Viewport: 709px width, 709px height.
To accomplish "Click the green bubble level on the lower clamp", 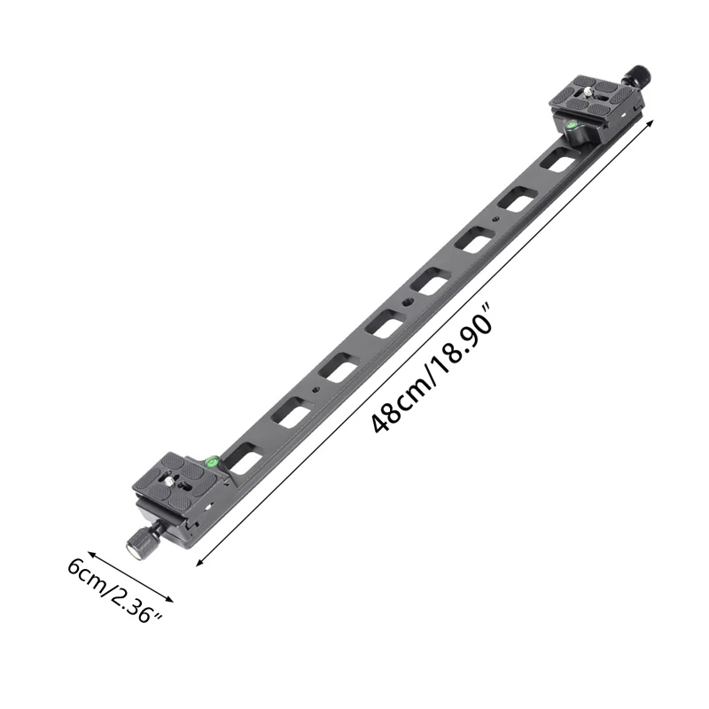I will (213, 460).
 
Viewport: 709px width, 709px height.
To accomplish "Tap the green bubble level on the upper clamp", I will (573, 128).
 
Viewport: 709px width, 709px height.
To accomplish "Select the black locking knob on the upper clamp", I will (640, 74).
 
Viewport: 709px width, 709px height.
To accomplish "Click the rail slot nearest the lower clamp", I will (245, 459).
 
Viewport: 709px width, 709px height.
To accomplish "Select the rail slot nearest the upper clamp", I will (557, 161).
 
